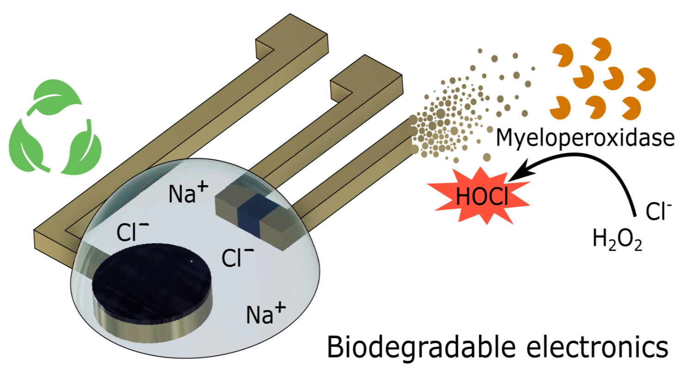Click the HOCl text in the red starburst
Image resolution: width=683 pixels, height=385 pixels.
coord(482,196)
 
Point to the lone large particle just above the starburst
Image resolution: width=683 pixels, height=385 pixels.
coord(487,157)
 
